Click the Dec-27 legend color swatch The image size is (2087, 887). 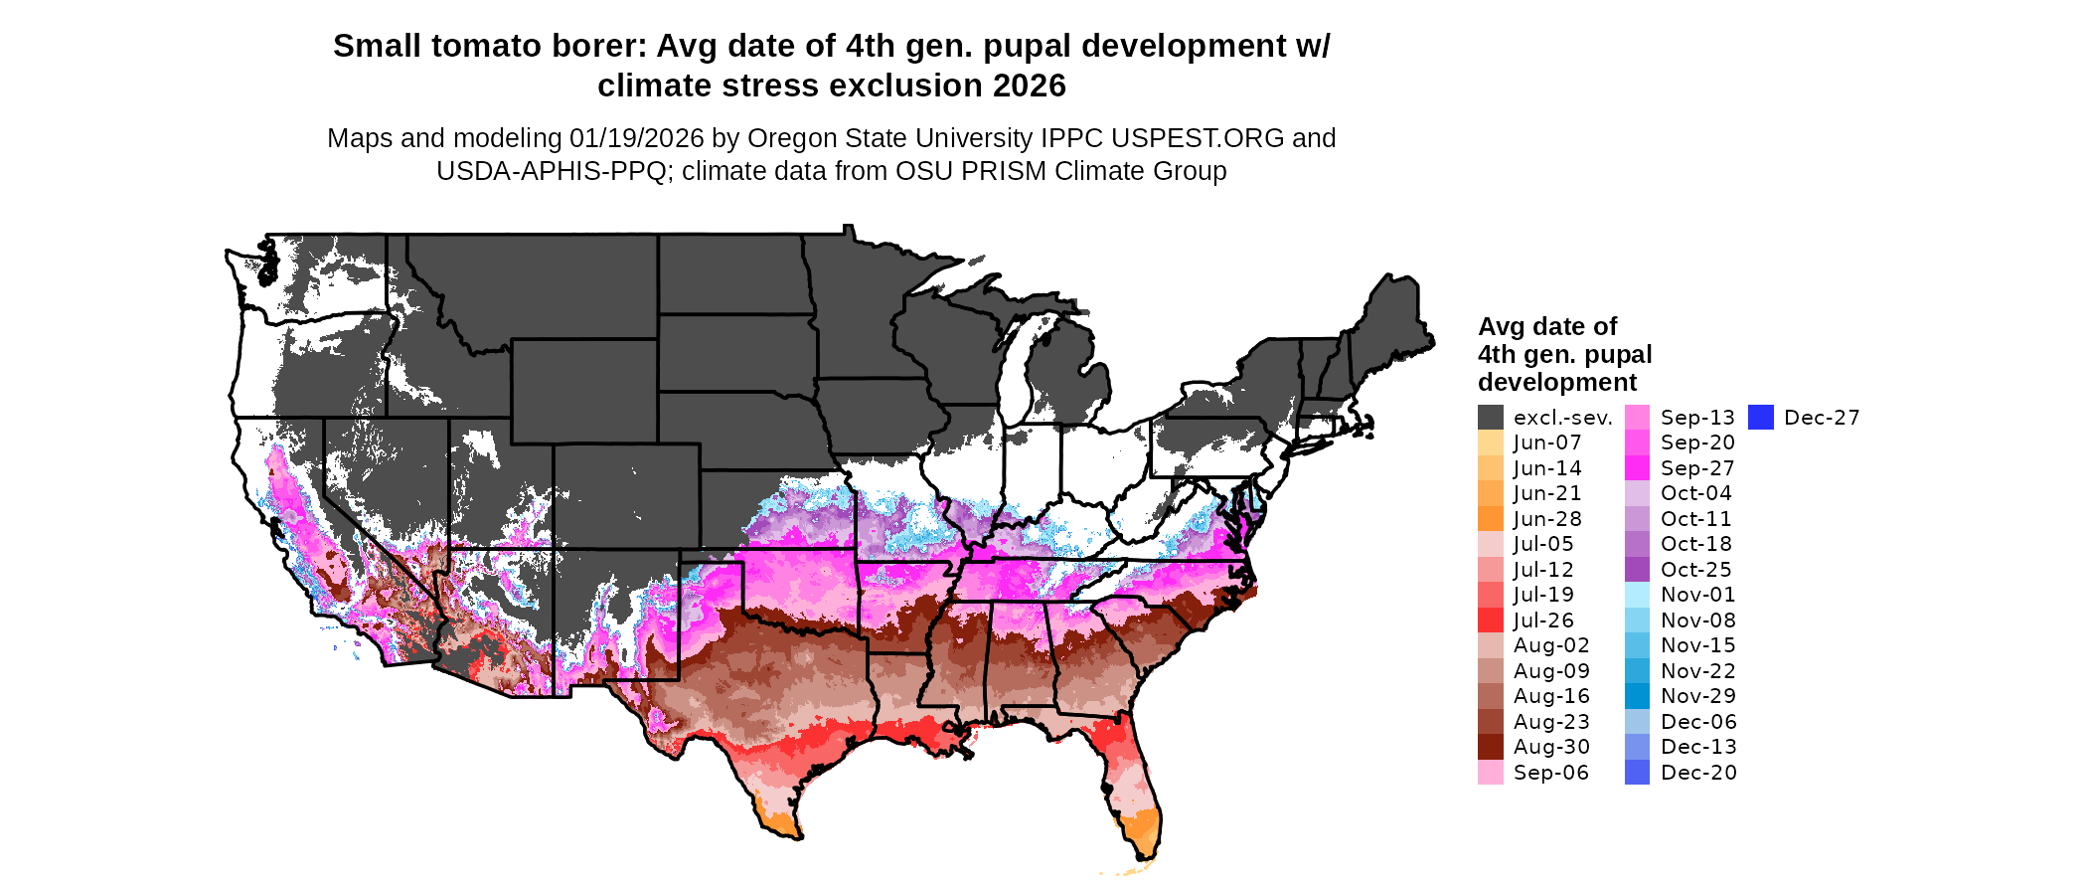point(1760,418)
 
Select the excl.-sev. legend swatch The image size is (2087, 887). point(1490,418)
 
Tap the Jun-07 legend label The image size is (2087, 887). point(1547,443)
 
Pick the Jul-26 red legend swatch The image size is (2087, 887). point(1490,621)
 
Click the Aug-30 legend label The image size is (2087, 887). point(1551,747)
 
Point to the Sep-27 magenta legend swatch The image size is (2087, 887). point(1637,468)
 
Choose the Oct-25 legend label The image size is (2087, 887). point(1696,570)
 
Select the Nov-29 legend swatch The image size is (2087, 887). point(1637,696)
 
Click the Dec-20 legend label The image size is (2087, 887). point(1698,773)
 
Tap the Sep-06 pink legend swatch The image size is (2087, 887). point(1490,773)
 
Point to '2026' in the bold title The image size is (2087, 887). point(1029,87)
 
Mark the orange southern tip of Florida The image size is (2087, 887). point(1144,830)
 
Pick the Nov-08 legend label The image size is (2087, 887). point(1698,621)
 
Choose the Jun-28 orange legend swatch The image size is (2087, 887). point(1490,519)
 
